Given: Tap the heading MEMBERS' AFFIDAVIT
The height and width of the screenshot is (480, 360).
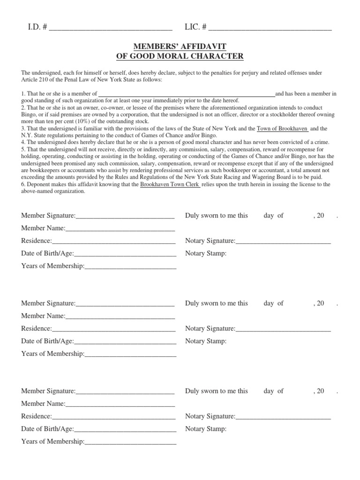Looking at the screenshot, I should tap(180, 46).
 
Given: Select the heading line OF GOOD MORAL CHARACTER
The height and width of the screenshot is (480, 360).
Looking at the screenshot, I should tap(180, 56).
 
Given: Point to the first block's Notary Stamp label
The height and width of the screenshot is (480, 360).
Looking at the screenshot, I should tap(206, 254).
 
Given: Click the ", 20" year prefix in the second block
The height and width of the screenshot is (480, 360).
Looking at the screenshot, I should tap(318, 303).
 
